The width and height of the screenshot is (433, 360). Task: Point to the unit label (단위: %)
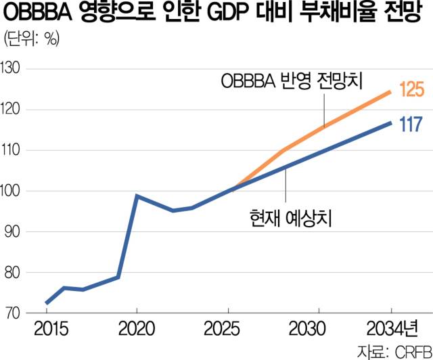(x=30, y=39)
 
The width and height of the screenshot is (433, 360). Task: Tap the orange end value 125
(x=411, y=91)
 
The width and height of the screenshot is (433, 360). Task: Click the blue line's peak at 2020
(x=136, y=196)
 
